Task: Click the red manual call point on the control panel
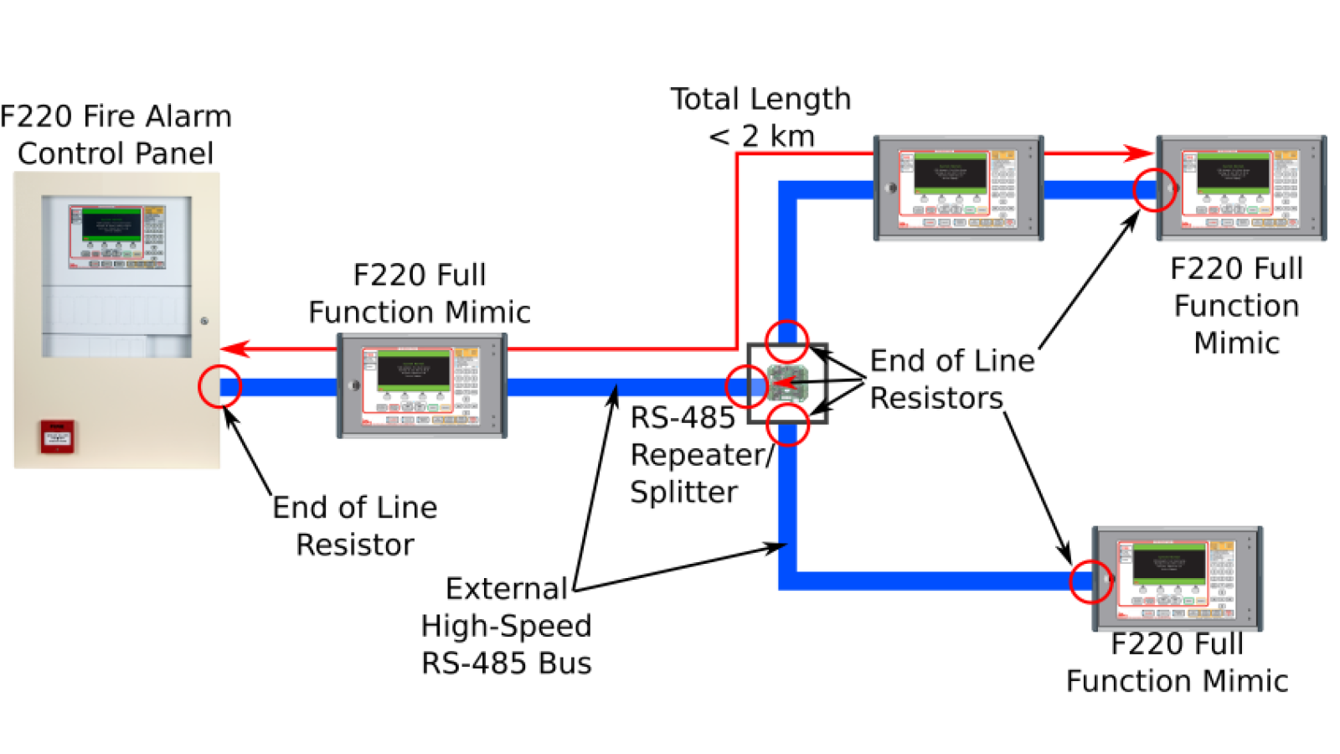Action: point(57,436)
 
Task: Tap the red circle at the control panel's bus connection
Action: point(219,387)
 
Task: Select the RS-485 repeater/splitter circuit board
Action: point(788,384)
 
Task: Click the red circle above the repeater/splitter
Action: point(786,341)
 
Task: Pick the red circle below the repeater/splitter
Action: point(788,424)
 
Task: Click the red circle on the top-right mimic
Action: point(1155,190)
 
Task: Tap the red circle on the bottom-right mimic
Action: point(1091,581)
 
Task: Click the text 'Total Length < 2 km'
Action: point(760,117)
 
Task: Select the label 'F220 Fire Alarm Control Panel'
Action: point(116,134)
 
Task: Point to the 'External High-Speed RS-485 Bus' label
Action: point(506,625)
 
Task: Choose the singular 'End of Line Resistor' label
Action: point(354,525)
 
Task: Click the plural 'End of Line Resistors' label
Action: point(951,379)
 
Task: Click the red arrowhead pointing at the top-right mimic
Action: point(1139,153)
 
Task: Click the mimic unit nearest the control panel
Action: point(421,385)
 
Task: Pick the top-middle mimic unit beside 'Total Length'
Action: point(958,188)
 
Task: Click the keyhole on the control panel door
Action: point(204,320)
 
